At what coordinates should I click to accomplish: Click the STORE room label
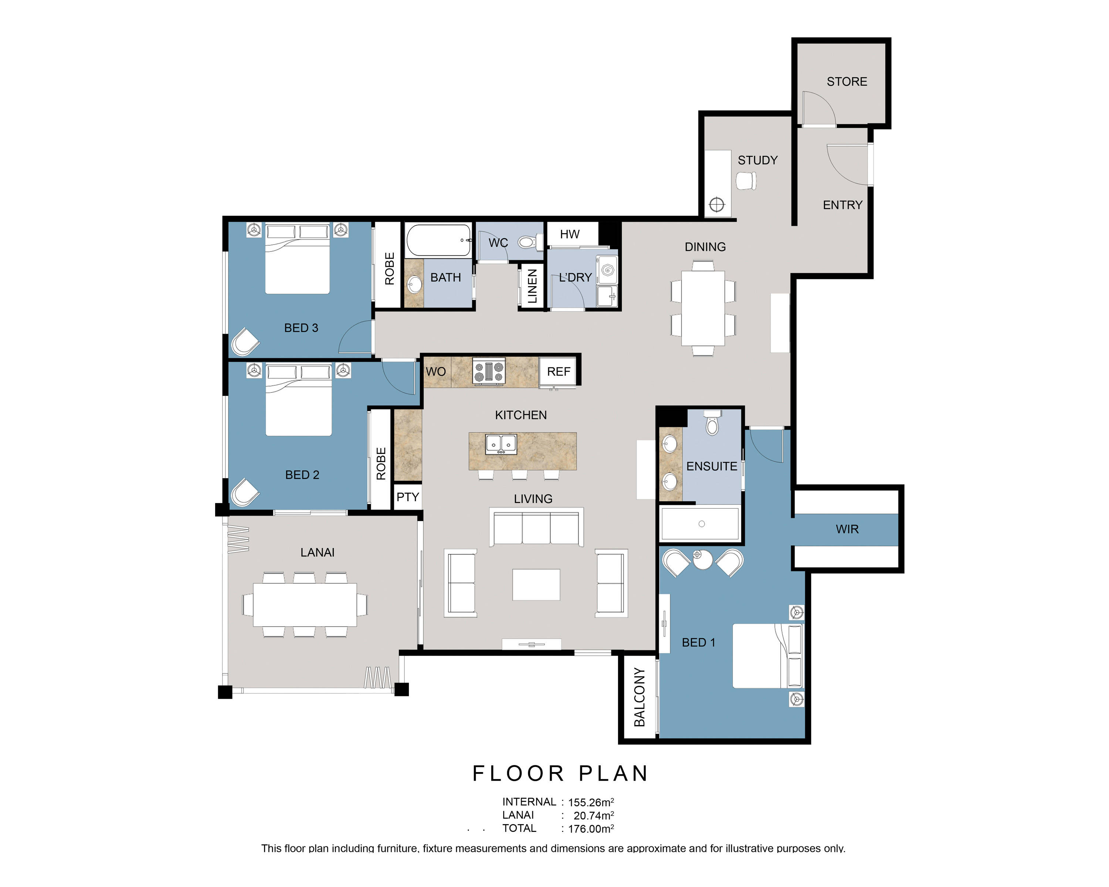(847, 82)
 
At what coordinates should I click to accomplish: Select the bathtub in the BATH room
(439, 240)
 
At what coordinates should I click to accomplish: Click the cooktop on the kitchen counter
(489, 372)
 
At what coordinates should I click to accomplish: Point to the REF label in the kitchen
(559, 372)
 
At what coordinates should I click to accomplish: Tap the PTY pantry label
(407, 497)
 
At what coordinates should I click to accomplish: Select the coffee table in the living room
(536, 585)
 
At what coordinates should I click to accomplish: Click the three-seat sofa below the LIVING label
(536, 527)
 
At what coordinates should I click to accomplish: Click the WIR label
(847, 529)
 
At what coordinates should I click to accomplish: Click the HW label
(569, 234)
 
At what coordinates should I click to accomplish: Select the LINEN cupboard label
(532, 286)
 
